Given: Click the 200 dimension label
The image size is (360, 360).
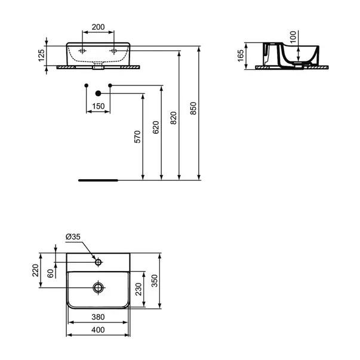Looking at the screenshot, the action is click(x=99, y=27).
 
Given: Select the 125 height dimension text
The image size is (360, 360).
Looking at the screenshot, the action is click(x=41, y=56).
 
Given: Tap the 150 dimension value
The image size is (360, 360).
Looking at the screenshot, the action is click(x=99, y=106).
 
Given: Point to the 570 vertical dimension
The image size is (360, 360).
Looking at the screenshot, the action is click(x=137, y=137).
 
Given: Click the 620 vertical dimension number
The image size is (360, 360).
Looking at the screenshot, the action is click(x=156, y=127).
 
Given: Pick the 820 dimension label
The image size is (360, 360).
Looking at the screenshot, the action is click(x=174, y=118).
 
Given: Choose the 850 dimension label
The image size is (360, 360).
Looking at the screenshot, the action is click(x=193, y=109).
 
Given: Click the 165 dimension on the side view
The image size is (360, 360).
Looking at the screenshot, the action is click(x=241, y=56).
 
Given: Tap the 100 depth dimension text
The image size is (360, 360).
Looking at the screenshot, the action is click(x=293, y=37).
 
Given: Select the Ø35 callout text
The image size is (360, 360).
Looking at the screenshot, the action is click(x=73, y=236).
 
